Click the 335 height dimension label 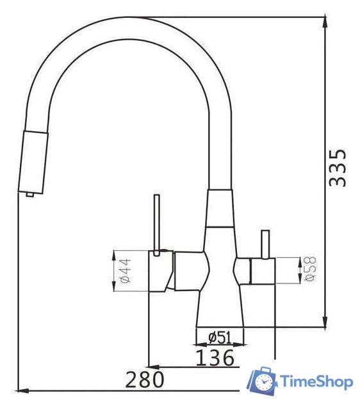[338, 168]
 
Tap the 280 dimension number [145, 379]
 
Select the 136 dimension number [215, 358]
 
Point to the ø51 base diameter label [220, 338]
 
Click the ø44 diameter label [126, 270]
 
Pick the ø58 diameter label [310, 269]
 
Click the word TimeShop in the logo [316, 382]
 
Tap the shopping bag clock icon [263, 381]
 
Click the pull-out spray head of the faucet [33, 163]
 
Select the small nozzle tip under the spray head [29, 195]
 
